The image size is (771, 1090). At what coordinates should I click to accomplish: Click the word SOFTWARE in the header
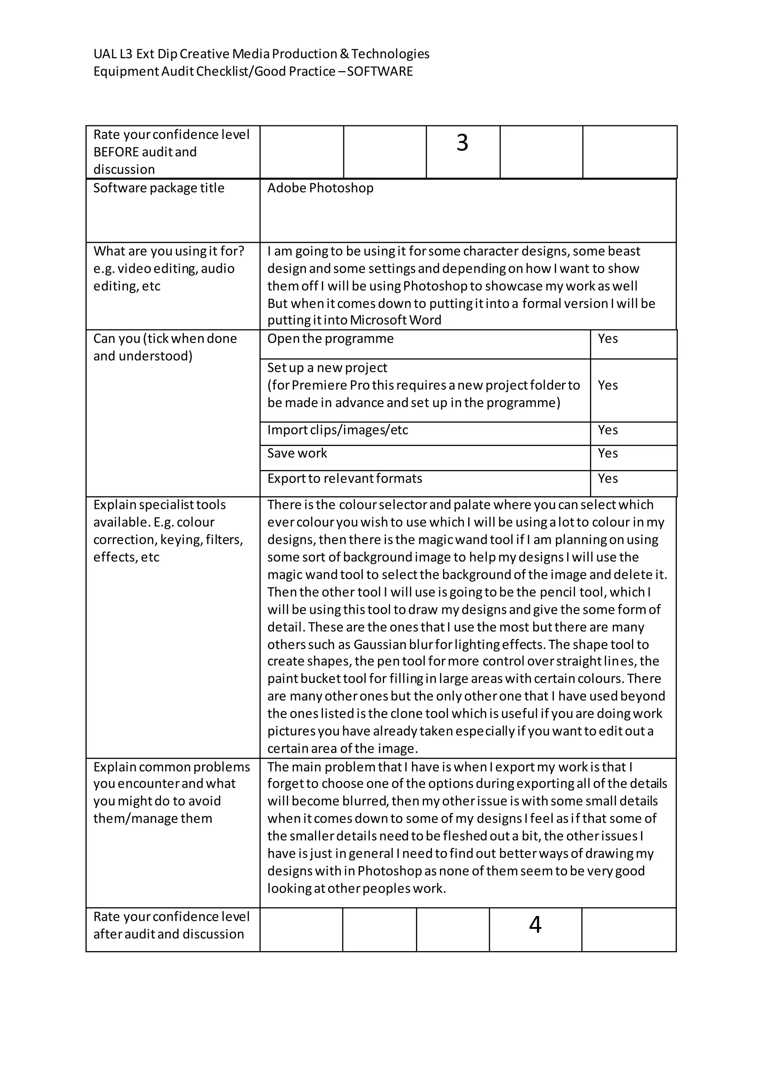point(380,71)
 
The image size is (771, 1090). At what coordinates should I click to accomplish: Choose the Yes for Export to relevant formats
point(608,478)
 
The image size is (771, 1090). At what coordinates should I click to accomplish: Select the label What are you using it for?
point(169,251)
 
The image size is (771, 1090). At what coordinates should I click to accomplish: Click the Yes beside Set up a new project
point(608,385)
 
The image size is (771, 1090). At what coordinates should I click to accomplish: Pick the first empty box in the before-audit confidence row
point(302,152)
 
